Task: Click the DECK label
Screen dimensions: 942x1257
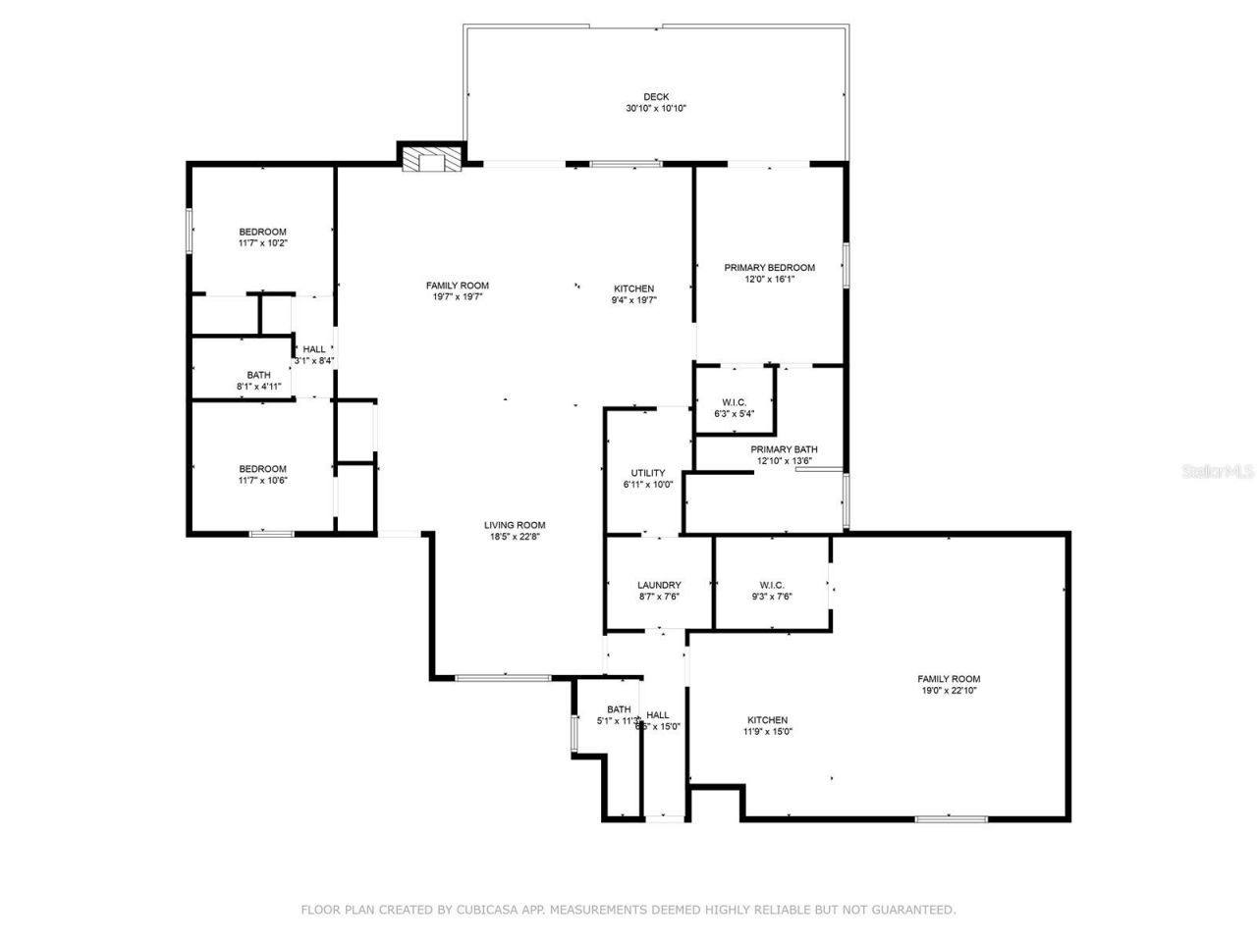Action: [656, 96]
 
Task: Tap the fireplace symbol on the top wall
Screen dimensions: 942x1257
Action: [430, 160]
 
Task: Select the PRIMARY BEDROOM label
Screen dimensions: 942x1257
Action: [769, 268]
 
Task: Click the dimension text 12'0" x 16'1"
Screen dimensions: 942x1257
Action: [769, 279]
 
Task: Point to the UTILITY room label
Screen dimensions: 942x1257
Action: [647, 473]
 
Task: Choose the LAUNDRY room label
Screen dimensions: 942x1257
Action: [658, 585]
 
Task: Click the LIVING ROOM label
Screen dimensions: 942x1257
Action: [514, 525]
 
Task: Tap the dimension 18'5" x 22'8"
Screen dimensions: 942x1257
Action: [514, 537]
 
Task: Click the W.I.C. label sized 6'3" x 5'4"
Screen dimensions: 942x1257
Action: [734, 402]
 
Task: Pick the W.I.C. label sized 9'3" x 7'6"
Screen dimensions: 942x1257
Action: [771, 585]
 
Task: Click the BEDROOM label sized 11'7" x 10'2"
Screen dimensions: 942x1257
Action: [262, 232]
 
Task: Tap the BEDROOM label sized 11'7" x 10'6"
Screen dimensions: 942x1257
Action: [262, 469]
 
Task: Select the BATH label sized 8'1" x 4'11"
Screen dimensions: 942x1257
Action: [258, 375]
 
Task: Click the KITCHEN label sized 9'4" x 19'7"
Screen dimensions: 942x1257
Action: [633, 288]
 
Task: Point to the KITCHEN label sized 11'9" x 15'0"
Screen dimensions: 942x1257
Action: [767, 720]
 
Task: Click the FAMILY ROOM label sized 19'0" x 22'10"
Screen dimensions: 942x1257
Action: [949, 679]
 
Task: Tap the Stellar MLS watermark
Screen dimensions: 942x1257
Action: [1218, 471]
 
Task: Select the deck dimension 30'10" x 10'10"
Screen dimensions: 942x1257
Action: [656, 108]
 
